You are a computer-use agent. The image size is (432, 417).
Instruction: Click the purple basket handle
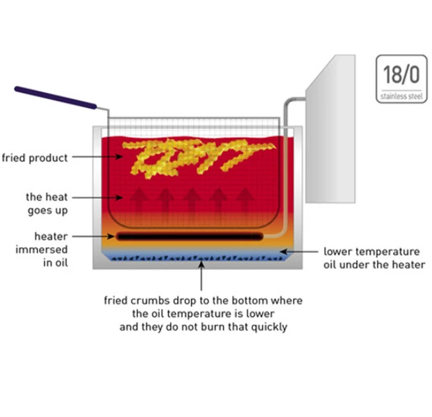tap(55, 98)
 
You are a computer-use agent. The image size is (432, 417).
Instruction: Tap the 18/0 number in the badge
tap(402, 75)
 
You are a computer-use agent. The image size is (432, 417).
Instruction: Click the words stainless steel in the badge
tap(402, 96)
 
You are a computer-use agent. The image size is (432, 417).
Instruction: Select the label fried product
tap(35, 158)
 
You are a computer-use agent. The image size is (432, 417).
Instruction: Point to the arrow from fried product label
tap(98, 156)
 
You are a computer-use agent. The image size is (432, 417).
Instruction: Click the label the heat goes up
tap(47, 204)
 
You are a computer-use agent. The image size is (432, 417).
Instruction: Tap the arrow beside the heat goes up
tap(98, 197)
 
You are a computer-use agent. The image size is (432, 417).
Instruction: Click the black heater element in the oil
tap(190, 236)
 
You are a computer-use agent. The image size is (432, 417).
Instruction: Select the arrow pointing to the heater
tap(93, 236)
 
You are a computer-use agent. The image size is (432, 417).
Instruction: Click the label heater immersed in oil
tap(42, 249)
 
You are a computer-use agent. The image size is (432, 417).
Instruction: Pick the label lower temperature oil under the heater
tap(374, 258)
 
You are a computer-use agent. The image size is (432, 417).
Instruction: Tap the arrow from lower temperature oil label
tap(299, 251)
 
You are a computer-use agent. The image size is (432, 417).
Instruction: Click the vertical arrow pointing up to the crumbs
tap(201, 276)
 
